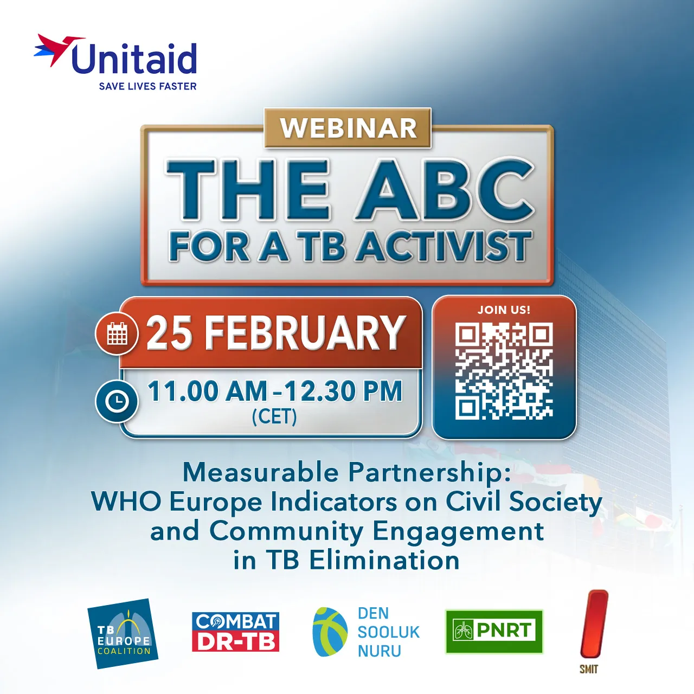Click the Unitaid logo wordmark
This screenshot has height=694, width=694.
coord(133,59)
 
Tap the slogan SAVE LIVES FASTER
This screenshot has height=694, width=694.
coord(147,86)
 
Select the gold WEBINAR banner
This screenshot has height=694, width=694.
coord(348,128)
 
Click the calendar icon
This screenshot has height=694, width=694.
coord(117,333)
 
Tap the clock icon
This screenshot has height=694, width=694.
coord(117,401)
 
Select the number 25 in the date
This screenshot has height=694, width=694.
coord(169,333)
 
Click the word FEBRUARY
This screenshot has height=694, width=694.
coord(305,333)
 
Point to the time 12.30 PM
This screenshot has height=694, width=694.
coord(343,391)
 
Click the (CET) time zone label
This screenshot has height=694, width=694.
coord(274,416)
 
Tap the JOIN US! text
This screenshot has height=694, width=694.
coord(504,310)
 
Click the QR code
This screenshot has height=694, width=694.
coord(504,371)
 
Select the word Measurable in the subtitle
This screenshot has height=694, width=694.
coord(260,472)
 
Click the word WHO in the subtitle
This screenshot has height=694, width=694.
coord(126,502)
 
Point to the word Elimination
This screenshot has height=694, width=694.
coord(384,560)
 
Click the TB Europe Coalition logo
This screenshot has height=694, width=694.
coord(123,634)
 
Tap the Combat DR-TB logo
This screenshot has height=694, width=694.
coord(235,632)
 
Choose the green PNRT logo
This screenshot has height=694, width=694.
coord(494,631)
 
